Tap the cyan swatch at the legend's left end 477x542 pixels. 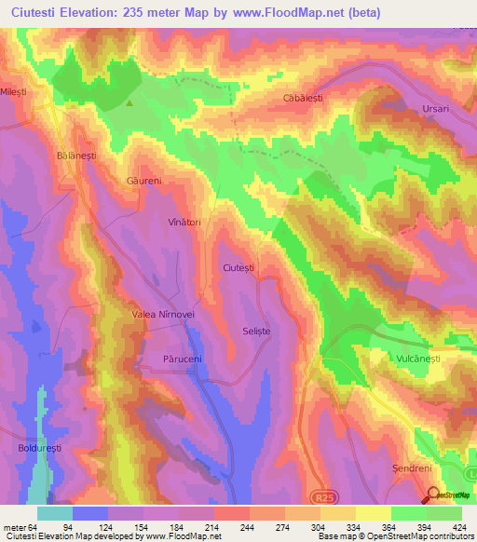pos(55,512)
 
